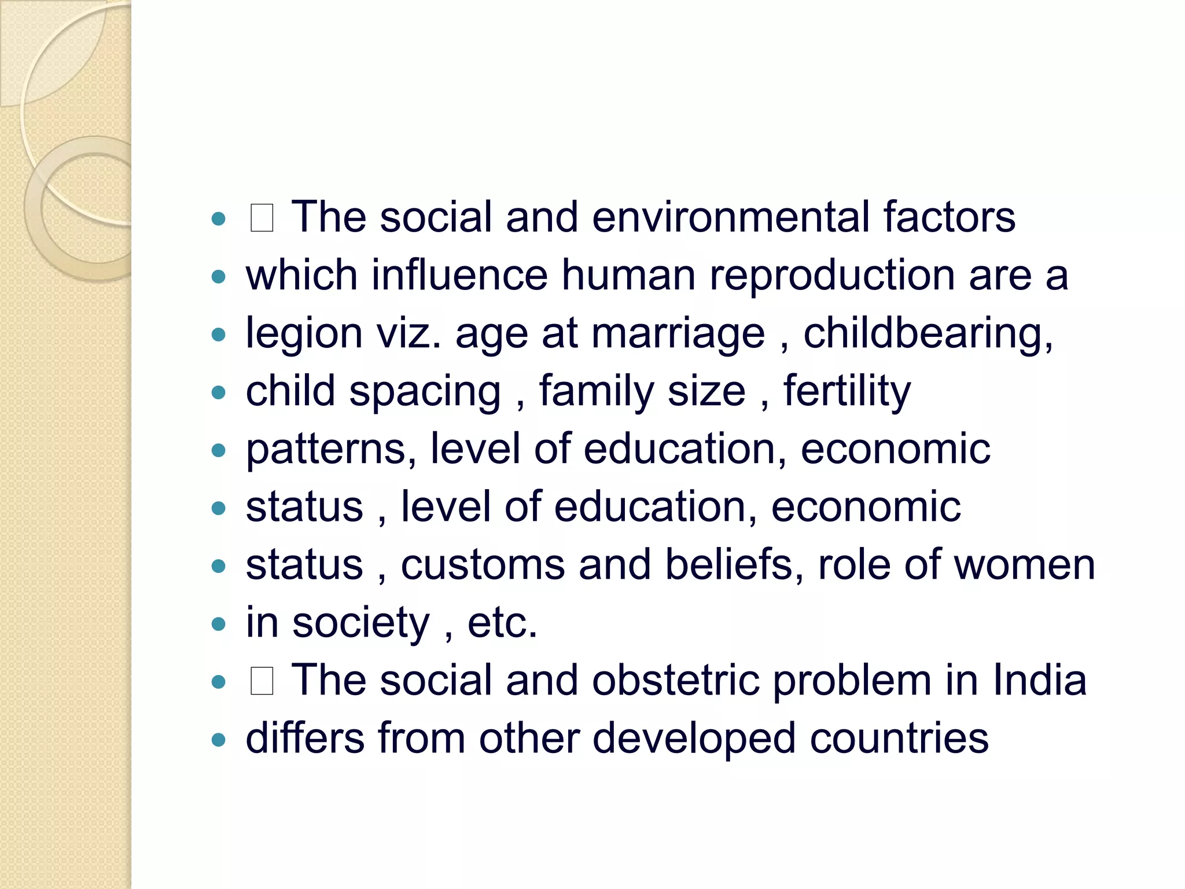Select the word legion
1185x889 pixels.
[x=304, y=334]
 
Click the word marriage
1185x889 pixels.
[x=678, y=334]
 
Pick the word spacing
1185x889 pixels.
[x=425, y=392]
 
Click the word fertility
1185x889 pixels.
[x=847, y=392]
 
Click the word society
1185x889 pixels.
[x=361, y=623]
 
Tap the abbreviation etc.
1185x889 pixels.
[x=502, y=623]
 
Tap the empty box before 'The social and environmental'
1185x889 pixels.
[x=262, y=219]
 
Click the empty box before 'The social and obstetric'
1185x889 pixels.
[x=262, y=681]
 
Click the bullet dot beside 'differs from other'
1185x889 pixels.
[x=219, y=740]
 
